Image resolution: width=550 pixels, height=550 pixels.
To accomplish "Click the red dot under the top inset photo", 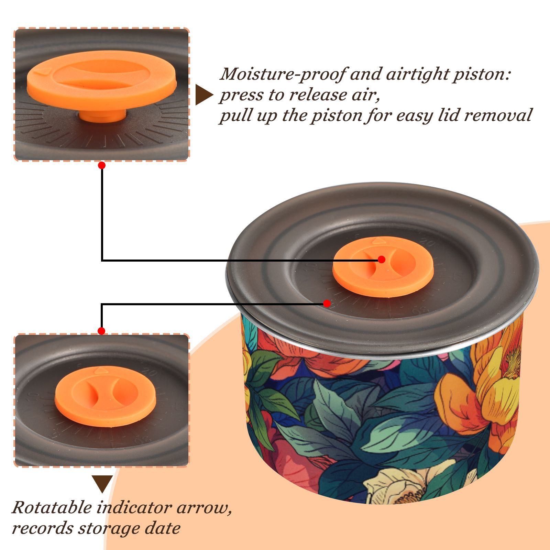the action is point(101,165).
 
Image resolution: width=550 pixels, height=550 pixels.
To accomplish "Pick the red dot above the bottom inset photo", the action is point(101,331).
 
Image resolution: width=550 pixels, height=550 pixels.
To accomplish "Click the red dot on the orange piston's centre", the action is point(381,260).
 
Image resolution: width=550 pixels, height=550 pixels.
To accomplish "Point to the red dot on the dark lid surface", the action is point(327,304).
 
